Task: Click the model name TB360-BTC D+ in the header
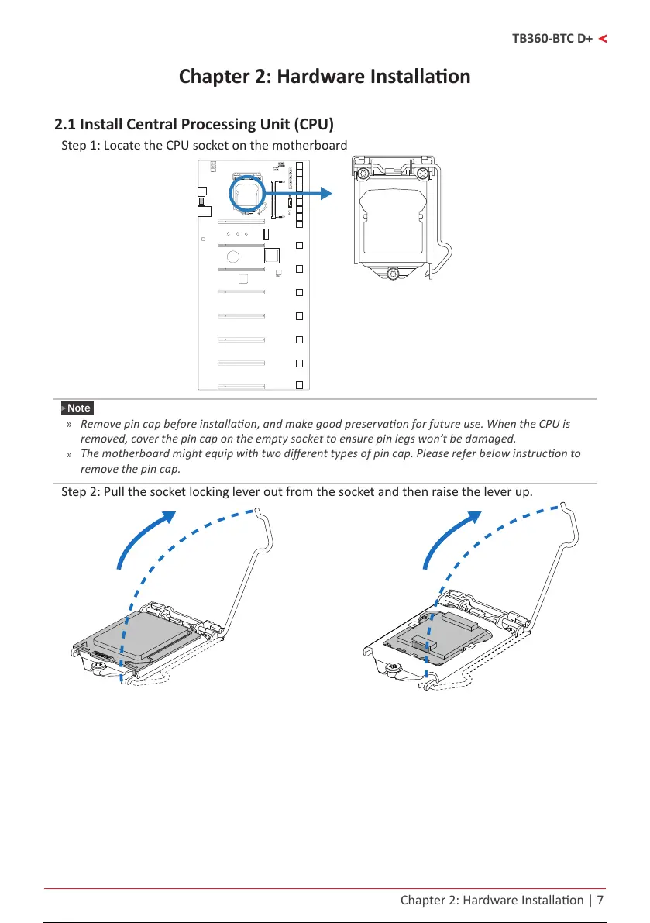pos(552,38)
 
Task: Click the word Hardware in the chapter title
pos(325,77)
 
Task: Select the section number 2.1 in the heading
pos(65,124)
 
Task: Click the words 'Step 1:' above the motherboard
pos(80,146)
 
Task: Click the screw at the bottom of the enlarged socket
pos(394,274)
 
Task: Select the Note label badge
pos(77,408)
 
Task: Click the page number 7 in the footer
pos(600,901)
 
